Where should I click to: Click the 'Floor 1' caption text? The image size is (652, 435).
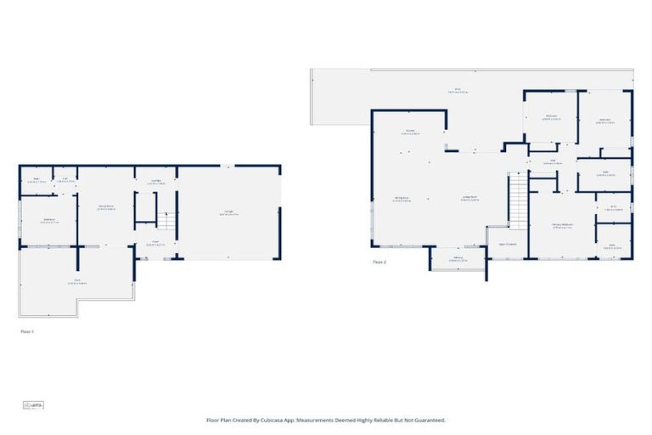coord(27,332)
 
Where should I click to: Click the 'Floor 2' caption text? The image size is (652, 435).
coord(379,263)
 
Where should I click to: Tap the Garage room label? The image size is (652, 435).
coord(228,213)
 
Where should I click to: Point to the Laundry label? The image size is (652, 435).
coord(156,182)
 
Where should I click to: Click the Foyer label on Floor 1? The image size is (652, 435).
coord(156,242)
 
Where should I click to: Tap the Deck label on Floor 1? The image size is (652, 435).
coord(76,281)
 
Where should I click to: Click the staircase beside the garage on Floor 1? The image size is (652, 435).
coord(165,221)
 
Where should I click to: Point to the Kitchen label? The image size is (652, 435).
coord(409,132)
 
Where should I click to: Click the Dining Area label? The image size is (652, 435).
coord(402,200)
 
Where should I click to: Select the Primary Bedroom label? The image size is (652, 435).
coord(562,226)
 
